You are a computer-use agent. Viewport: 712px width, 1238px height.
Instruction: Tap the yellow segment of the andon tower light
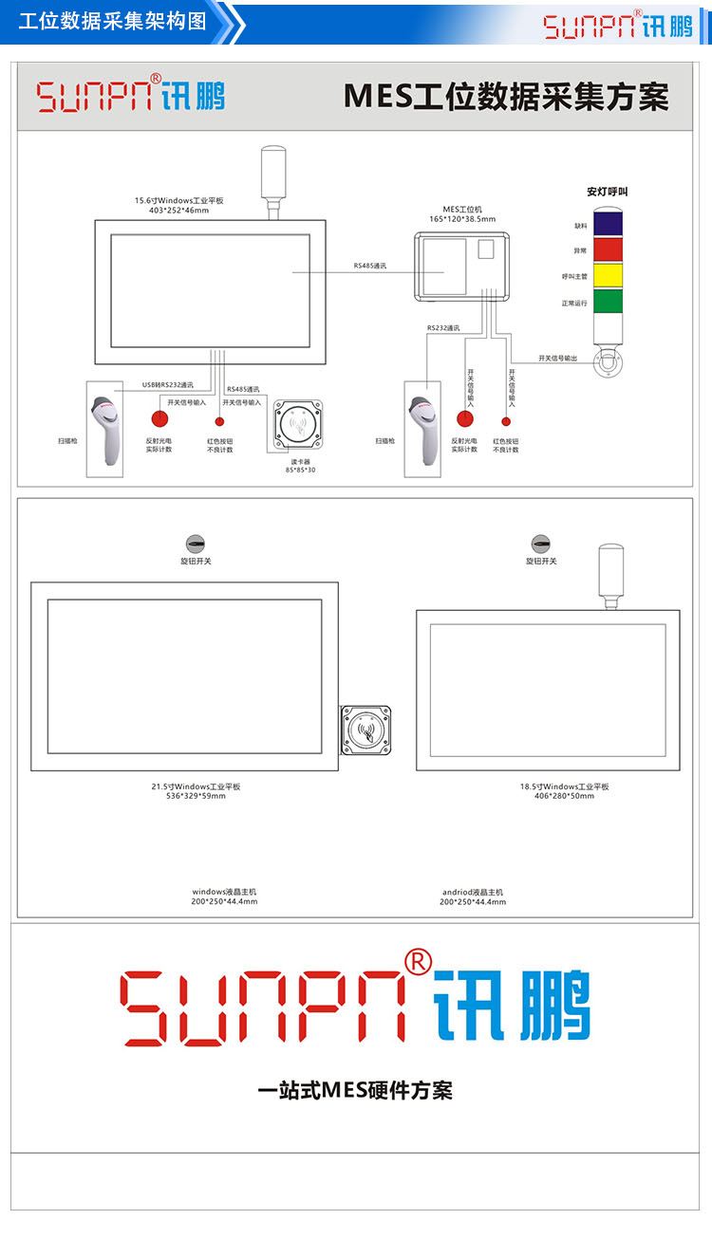(608, 275)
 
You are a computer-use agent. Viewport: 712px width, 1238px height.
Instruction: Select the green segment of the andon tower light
(608, 302)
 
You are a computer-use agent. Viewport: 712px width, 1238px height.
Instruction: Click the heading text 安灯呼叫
(608, 192)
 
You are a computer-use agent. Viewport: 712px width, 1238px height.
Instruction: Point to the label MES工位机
(463, 209)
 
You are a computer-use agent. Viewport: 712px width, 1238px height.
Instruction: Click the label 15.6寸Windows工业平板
(178, 200)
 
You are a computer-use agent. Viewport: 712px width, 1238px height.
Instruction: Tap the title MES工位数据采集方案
(506, 97)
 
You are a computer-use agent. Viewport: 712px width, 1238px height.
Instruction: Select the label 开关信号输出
(557, 359)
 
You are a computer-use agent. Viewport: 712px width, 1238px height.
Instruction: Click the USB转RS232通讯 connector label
(168, 385)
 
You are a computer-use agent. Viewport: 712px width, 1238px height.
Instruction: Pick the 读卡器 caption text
(300, 460)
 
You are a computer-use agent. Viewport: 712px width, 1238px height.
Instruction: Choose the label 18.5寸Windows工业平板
(564, 786)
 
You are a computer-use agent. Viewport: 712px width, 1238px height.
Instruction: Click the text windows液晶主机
(224, 892)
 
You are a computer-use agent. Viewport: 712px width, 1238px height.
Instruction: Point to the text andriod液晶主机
(473, 892)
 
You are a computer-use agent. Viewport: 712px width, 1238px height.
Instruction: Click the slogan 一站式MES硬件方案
(355, 1090)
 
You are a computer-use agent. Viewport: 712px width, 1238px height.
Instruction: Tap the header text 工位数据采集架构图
(113, 22)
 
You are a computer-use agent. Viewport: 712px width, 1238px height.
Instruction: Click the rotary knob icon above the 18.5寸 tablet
(541, 544)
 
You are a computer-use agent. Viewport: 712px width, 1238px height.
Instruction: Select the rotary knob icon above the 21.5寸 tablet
(196, 544)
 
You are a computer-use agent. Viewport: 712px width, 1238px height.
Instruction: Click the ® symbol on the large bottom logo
(418, 961)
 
